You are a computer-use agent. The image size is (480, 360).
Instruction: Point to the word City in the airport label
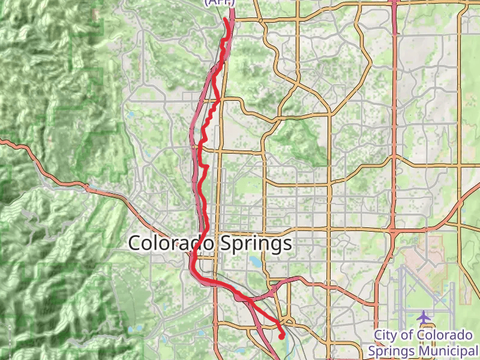(386, 335)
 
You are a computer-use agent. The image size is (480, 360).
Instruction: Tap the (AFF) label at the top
(220, 2)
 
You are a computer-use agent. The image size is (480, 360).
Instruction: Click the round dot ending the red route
(281, 336)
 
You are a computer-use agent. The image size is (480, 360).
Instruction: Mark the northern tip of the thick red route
(226, 19)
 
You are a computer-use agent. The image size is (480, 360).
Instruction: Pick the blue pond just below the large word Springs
(257, 262)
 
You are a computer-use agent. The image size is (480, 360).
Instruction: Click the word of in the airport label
(413, 335)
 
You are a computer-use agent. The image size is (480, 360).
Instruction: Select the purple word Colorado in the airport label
(445, 335)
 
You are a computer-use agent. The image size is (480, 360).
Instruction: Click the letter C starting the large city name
(136, 244)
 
